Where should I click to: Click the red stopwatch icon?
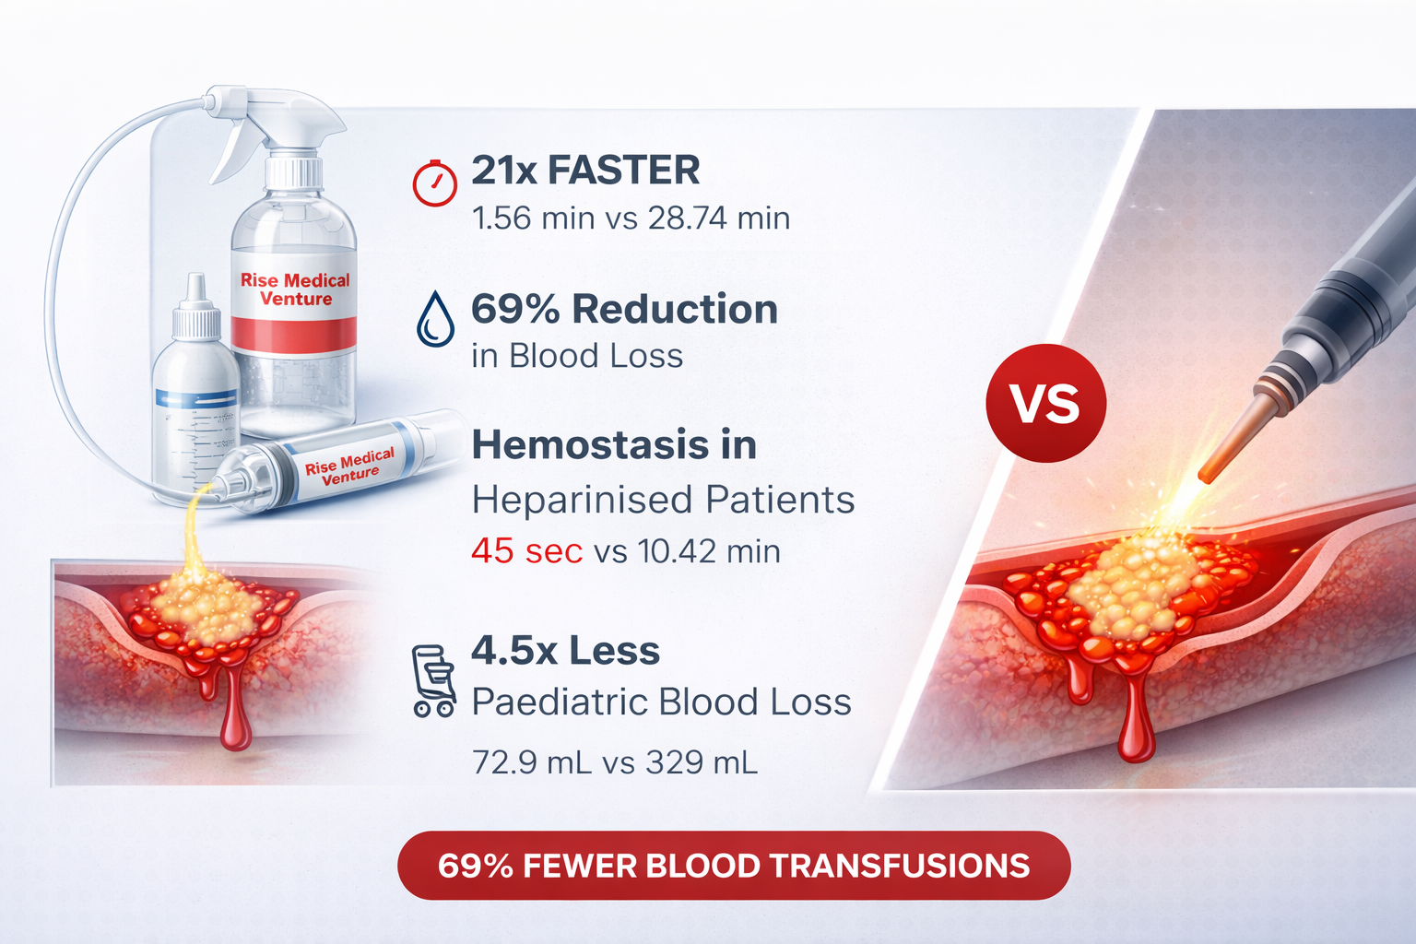pos(434,183)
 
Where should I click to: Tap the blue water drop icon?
pos(435,319)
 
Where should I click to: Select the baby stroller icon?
pos(433,680)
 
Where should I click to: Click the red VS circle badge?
pos(1045,403)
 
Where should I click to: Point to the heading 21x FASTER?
pos(585,171)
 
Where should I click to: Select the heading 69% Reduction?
pos(624,309)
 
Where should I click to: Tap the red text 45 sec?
pos(526,551)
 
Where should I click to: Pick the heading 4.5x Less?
pos(565,651)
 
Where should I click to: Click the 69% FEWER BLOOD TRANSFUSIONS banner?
pos(734,866)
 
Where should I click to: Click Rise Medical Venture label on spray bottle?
pos(295,289)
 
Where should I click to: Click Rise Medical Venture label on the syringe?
pos(350,466)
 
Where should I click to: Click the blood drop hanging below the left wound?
pos(236,724)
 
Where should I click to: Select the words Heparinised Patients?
pos(663,500)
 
